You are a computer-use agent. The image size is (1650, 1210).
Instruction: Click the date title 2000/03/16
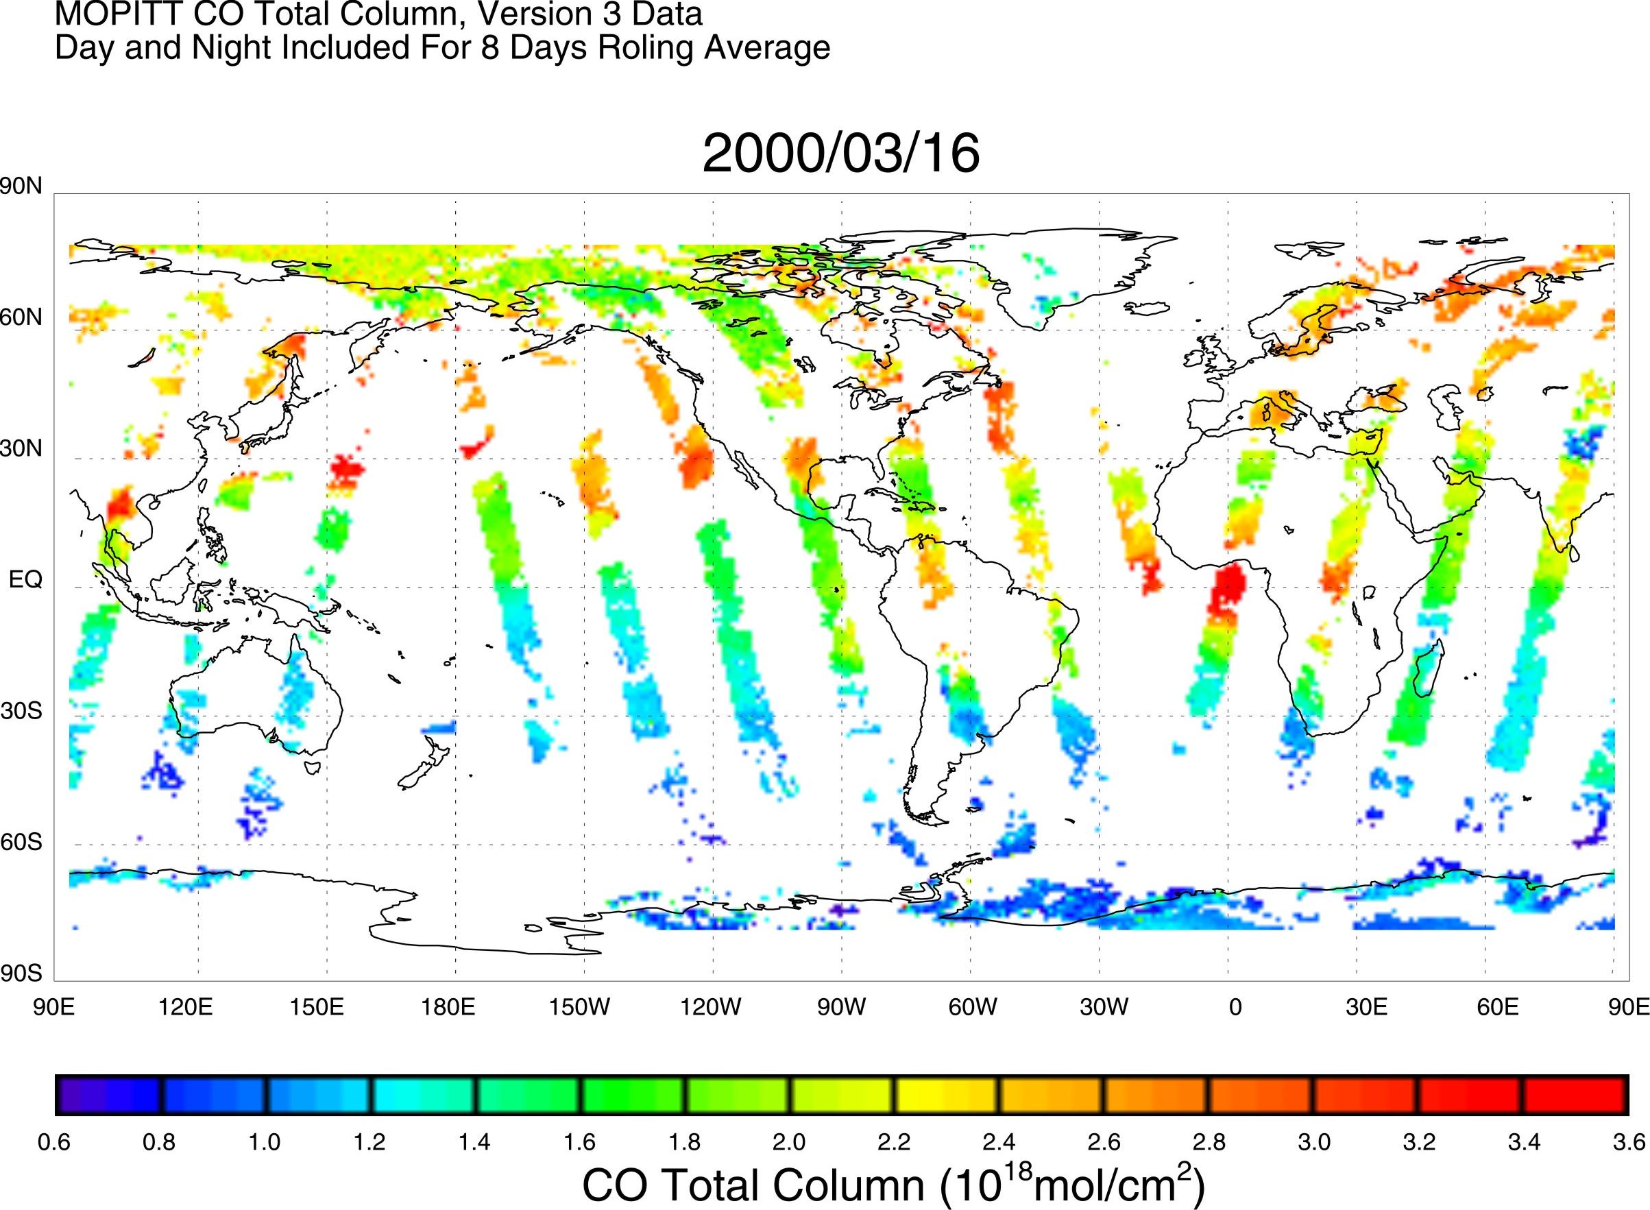(840, 154)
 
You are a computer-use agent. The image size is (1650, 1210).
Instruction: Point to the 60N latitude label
(21, 318)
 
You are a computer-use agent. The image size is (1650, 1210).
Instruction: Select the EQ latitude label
(25, 580)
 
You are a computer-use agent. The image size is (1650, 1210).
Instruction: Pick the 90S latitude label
(21, 973)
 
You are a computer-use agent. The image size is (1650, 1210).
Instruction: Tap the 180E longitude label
(449, 1008)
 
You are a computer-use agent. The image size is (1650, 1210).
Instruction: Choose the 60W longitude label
(973, 1008)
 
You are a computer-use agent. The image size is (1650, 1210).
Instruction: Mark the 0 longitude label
(1235, 1008)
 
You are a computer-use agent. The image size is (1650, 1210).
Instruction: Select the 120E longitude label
(186, 1008)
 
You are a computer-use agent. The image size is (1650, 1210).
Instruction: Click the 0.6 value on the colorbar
(54, 1142)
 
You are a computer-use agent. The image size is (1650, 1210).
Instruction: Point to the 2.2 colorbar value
(894, 1142)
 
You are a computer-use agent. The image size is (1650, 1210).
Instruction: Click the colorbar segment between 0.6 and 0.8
(108, 1096)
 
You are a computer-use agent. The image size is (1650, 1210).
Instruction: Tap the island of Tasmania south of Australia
(313, 767)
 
